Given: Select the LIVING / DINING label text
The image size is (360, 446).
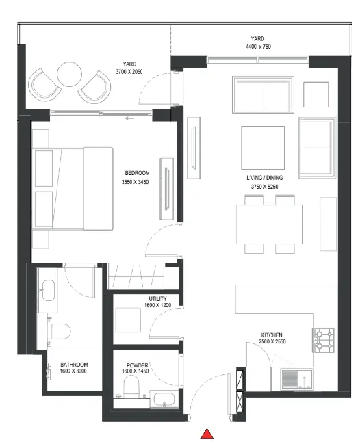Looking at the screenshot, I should [265, 178].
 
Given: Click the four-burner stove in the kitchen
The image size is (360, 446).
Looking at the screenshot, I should [324, 340].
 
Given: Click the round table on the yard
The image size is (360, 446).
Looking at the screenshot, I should [69, 75].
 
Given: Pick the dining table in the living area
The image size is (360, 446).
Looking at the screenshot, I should [268, 223].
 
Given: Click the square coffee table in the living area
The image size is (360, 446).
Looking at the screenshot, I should [262, 144].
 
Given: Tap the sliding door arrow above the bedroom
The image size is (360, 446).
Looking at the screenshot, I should [129, 117].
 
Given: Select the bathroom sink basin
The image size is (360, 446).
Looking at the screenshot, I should [48, 289].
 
